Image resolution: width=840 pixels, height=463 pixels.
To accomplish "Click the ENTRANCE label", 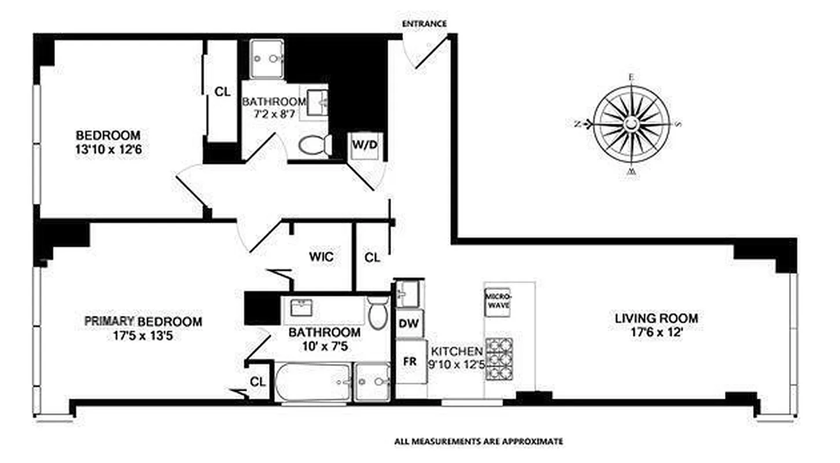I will (x=424, y=24).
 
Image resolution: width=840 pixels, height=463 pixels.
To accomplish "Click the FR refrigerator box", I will (x=410, y=361).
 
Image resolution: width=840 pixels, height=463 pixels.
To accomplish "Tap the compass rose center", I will (x=631, y=123).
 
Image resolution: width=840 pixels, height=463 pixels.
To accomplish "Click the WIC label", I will (x=321, y=257).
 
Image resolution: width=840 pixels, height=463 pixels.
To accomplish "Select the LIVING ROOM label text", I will (x=655, y=318).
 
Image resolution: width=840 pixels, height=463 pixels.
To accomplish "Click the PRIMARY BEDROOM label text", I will (x=143, y=321).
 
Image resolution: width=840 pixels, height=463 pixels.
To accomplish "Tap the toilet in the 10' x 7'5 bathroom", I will (x=378, y=313).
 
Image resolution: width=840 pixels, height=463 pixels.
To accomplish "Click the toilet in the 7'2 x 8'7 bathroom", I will (x=315, y=145).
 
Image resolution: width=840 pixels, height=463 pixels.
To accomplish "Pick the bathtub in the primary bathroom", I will (x=312, y=381).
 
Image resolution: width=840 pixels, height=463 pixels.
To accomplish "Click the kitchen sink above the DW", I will (x=410, y=294).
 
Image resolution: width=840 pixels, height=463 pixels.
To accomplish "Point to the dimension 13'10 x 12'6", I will (x=108, y=149).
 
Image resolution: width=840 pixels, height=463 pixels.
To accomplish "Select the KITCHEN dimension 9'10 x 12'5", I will (x=456, y=365).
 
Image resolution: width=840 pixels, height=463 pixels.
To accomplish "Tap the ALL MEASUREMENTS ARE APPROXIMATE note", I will (x=478, y=442).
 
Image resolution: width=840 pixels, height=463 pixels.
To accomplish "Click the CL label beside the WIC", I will (x=372, y=258).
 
